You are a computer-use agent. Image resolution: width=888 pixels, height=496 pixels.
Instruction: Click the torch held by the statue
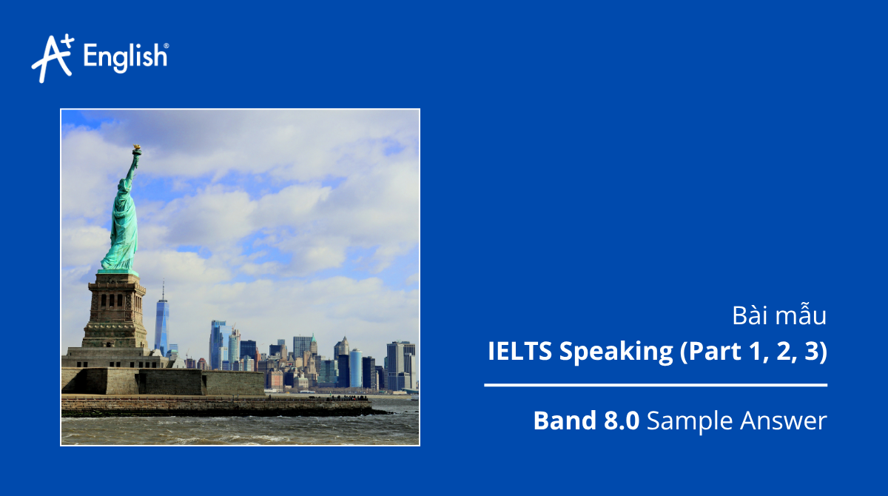pyautogui.click(x=136, y=150)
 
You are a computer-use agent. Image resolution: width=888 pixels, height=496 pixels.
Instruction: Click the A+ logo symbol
pyautogui.click(x=52, y=57)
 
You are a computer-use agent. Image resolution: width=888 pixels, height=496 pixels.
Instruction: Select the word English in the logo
pyautogui.click(x=124, y=57)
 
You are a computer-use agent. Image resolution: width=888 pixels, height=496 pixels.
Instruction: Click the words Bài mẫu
pyautogui.click(x=779, y=316)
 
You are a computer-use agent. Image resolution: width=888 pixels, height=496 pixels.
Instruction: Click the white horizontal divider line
pyautogui.click(x=656, y=385)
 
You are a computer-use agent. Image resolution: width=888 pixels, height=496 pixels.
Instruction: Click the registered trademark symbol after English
pyautogui.click(x=166, y=47)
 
